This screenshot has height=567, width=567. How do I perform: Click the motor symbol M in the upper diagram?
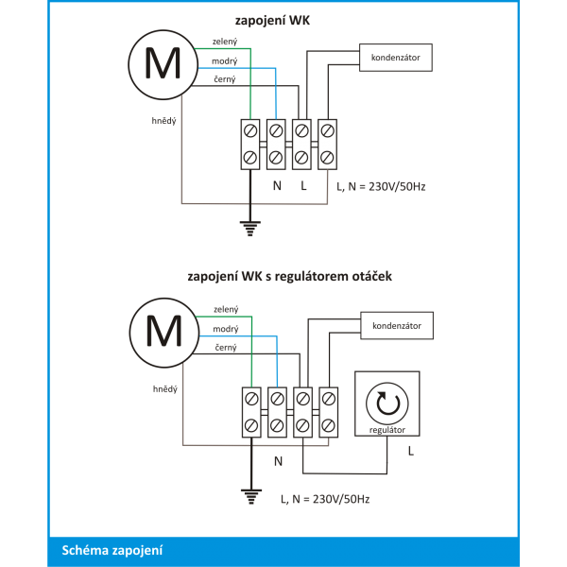[x=163, y=64]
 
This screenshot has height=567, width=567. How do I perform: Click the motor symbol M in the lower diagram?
[x=164, y=333]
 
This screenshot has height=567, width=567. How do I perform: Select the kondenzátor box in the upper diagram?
[x=396, y=58]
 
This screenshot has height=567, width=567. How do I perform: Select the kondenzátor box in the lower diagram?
[x=397, y=325]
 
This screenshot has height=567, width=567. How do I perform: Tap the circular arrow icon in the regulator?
[x=387, y=404]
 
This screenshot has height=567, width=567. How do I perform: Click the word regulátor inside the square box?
[x=387, y=430]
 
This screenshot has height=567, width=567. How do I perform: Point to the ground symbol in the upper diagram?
[x=249, y=228]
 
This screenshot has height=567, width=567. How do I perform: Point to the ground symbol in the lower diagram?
[x=251, y=496]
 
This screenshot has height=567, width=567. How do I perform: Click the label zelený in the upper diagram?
[x=225, y=42]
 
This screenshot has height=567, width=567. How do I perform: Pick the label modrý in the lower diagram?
[x=226, y=329]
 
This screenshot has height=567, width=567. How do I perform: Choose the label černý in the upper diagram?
[x=225, y=78]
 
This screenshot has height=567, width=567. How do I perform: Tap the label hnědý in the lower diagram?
[x=164, y=389]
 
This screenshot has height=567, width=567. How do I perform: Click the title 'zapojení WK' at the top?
[x=272, y=20]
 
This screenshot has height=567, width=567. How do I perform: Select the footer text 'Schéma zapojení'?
[x=112, y=550]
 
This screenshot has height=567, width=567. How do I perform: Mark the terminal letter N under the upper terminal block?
[x=277, y=185]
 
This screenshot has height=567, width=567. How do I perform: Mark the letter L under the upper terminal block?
[x=303, y=185]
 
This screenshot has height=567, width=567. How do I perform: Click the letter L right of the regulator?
[x=411, y=451]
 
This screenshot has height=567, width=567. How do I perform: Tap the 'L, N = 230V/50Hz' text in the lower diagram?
[x=325, y=499]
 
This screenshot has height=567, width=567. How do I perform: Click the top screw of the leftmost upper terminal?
[x=250, y=130]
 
